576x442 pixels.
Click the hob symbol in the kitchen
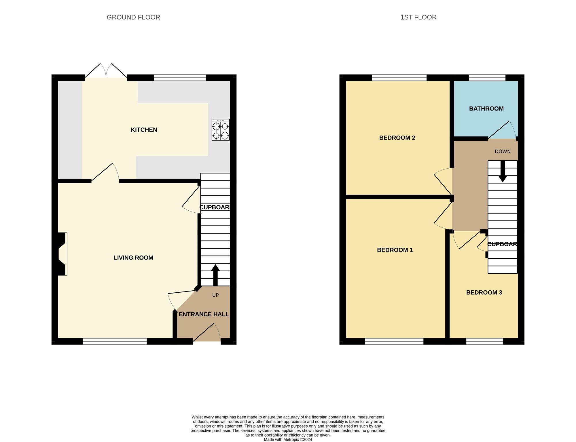point(221,130)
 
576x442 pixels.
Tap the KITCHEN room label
point(144,130)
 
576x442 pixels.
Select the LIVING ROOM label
point(133,258)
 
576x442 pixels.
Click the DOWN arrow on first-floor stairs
point(503,171)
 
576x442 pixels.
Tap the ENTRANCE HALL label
point(204,314)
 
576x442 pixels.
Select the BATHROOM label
point(486,108)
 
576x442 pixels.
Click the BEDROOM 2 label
point(397,138)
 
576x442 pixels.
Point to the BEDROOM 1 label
point(395,250)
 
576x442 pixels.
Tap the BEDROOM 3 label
point(484,293)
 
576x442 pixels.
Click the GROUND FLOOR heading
point(133,17)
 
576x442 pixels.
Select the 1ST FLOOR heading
point(418,17)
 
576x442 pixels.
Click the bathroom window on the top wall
point(487,77)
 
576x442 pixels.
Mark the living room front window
point(115,341)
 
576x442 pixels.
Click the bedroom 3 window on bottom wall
point(484,341)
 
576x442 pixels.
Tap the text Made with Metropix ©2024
point(288,439)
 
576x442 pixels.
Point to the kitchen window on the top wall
point(180,77)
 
